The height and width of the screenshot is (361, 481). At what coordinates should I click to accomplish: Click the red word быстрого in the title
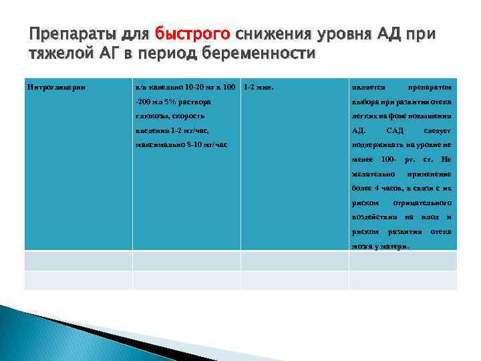tap(192, 33)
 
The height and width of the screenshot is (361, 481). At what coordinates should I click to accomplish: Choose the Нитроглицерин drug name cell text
tap(55, 88)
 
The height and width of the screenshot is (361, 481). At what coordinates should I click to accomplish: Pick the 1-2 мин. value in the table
tap(259, 88)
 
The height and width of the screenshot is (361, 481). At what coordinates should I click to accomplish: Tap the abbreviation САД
tap(395, 130)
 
